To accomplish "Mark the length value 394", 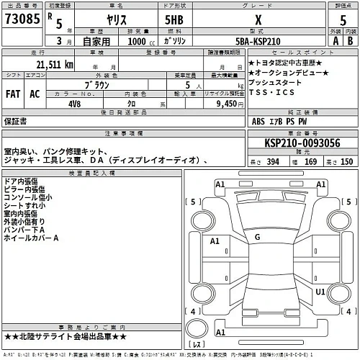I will tap(274, 163).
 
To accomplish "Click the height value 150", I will tap(346, 163).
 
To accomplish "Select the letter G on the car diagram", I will tap(257, 236).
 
